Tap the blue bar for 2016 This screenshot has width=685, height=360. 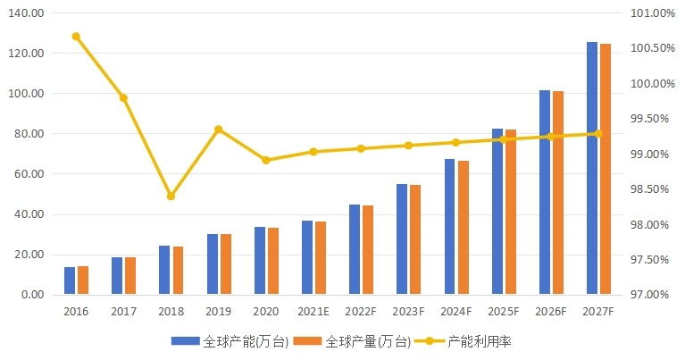click(x=70, y=280)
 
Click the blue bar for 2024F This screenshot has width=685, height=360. click(x=450, y=227)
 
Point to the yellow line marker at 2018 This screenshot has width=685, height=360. click(x=171, y=196)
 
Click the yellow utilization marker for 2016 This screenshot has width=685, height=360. click(x=76, y=37)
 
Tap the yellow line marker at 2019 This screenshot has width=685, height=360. click(x=218, y=130)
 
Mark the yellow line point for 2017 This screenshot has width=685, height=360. click(x=123, y=97)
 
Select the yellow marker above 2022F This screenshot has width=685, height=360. click(x=361, y=148)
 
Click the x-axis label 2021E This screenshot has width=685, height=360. click(x=313, y=312)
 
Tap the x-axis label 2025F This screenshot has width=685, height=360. click(x=504, y=312)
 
